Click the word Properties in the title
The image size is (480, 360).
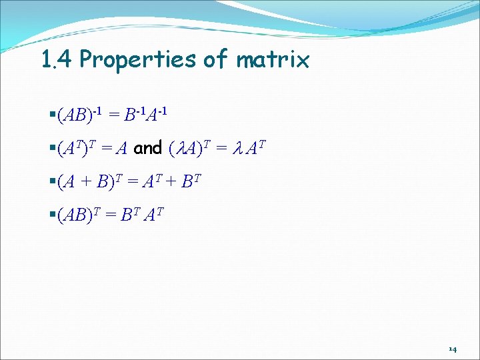click(x=138, y=61)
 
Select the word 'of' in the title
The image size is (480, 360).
click(x=215, y=60)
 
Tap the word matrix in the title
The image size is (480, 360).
click(x=272, y=61)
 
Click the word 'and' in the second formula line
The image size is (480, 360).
click(x=148, y=149)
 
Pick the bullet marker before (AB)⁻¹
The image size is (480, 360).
click(x=53, y=116)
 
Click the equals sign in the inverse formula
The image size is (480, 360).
click(x=115, y=116)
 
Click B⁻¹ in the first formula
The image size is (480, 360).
click(x=135, y=115)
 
